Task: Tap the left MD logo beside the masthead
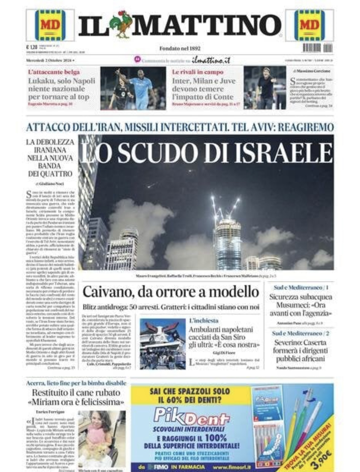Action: [x=50, y=25]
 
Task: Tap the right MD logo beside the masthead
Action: [x=310, y=25]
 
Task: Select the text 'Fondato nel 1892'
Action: [x=180, y=48]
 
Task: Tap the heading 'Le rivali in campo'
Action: [x=198, y=72]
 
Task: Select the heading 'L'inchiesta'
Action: [x=203, y=321]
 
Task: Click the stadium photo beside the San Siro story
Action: [x=162, y=343]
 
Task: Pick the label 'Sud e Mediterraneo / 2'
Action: [x=300, y=333]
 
